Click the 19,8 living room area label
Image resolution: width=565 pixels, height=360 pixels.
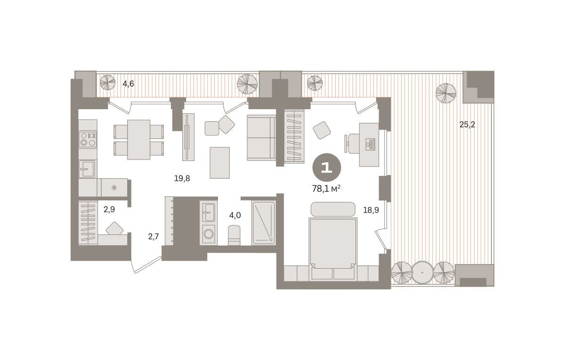point(182,178)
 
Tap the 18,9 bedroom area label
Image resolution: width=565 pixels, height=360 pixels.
point(371,210)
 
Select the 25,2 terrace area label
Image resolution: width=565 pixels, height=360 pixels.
point(467,125)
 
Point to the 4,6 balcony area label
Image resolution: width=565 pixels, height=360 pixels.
point(128,84)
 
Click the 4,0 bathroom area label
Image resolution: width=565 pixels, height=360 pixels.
point(235,216)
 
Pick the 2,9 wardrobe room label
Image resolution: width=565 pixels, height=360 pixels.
point(109,209)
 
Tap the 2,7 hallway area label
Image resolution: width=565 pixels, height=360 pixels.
point(153,236)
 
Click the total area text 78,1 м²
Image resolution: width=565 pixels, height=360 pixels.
point(326,189)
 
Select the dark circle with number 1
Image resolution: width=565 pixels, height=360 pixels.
point(327,168)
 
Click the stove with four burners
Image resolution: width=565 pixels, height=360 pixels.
point(88,139)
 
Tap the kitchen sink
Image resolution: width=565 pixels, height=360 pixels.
point(87,169)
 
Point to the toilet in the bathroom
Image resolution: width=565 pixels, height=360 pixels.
point(234,235)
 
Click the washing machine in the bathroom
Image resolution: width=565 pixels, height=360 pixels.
point(208,234)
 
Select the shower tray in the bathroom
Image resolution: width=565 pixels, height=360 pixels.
point(264,223)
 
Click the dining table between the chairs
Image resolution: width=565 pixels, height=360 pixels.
point(139,140)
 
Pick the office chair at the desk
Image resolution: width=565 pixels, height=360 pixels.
point(352,144)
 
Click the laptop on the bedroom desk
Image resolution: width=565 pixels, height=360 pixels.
point(371,144)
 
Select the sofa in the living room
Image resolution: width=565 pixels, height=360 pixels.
point(262,137)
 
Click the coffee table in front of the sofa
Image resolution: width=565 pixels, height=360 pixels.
point(220,163)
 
